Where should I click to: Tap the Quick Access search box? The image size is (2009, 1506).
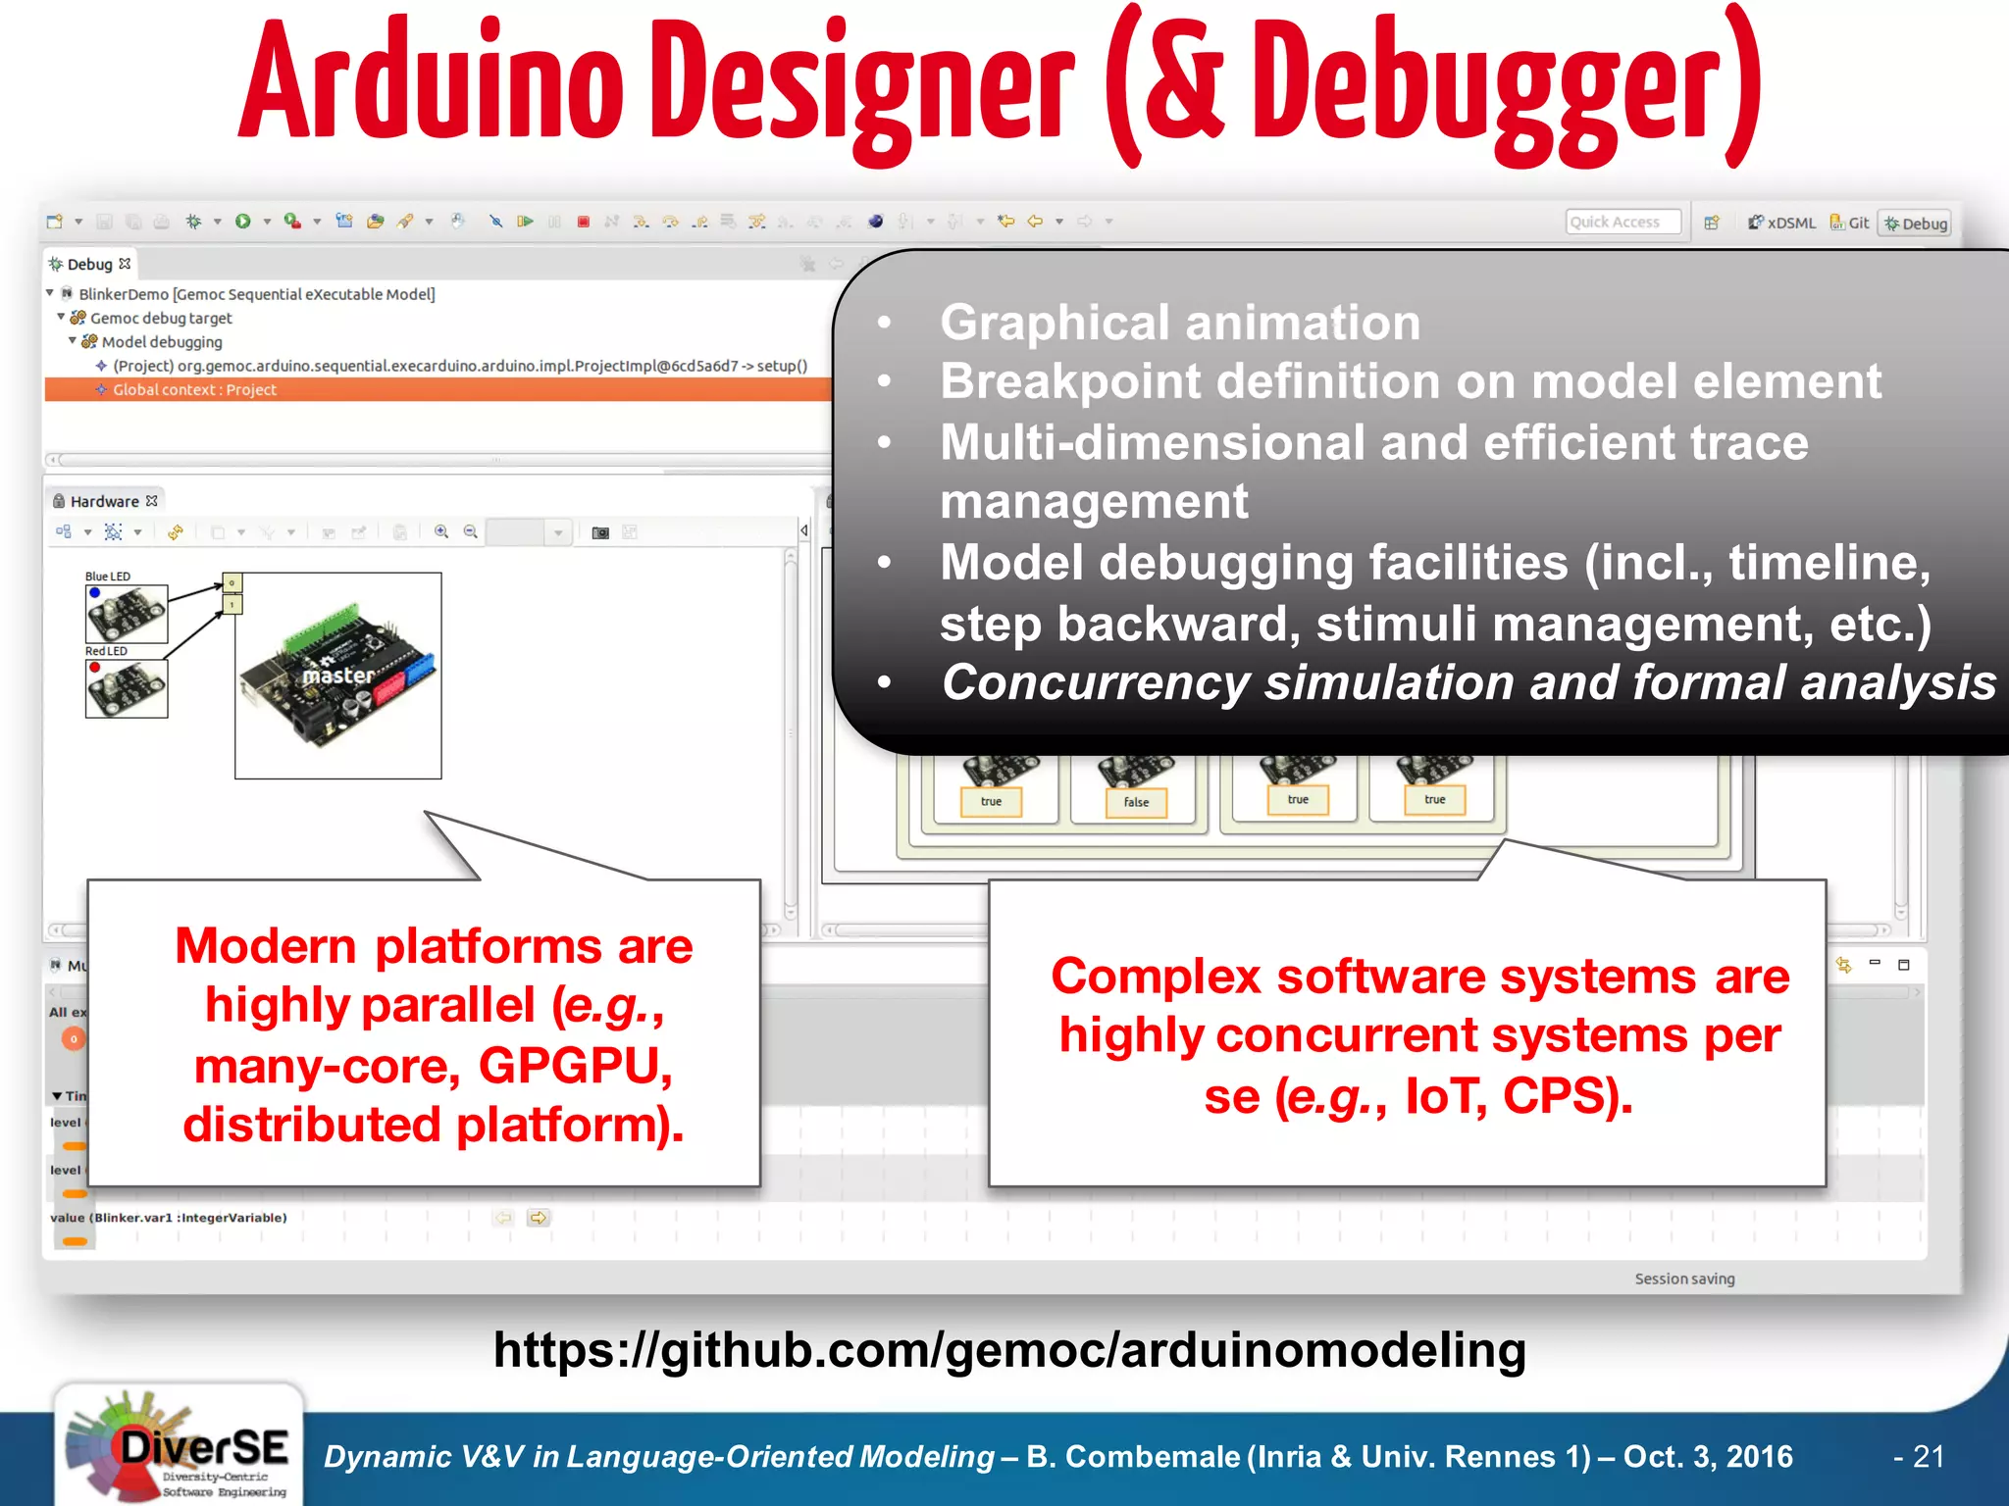coord(1622,223)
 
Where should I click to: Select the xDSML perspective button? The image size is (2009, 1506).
coord(1782,223)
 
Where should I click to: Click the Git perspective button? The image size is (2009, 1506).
coord(1850,223)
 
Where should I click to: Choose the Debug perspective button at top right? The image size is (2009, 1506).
coord(1915,224)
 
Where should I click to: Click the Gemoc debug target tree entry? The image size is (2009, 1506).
coord(161,318)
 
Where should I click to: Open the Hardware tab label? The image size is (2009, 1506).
coord(104,501)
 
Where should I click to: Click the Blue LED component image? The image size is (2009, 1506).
coord(127,614)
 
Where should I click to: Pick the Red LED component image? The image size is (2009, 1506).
coord(127,688)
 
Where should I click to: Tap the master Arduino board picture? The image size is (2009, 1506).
coord(337,676)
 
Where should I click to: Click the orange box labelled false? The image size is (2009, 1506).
coord(1136,802)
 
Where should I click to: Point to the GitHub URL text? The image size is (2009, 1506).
coord(1009,1350)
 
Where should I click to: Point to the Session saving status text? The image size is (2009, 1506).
coord(1684,1279)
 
